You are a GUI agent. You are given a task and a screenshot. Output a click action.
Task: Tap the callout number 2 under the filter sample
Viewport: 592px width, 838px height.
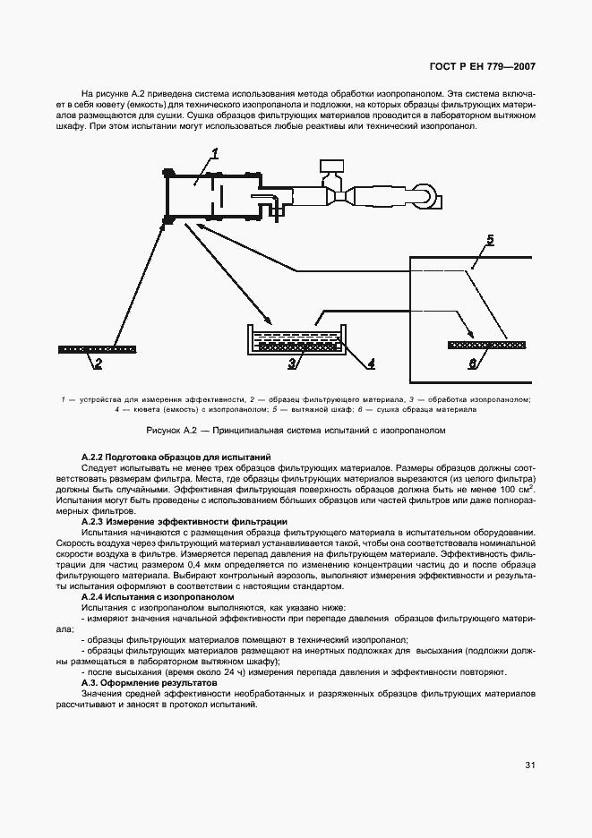click(x=98, y=363)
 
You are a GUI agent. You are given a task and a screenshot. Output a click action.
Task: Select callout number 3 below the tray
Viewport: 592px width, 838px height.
click(x=292, y=363)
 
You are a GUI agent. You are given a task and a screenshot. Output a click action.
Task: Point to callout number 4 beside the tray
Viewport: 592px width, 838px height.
click(x=370, y=363)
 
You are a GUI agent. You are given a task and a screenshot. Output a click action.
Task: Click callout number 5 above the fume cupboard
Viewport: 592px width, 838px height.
click(x=489, y=240)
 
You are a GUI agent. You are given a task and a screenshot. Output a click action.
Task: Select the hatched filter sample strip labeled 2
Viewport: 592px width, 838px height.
click(x=97, y=348)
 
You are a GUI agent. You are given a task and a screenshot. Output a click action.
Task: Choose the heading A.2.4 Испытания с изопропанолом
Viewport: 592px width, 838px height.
click(x=145, y=596)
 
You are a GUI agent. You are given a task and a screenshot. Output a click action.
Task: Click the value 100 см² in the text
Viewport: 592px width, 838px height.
click(x=513, y=489)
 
